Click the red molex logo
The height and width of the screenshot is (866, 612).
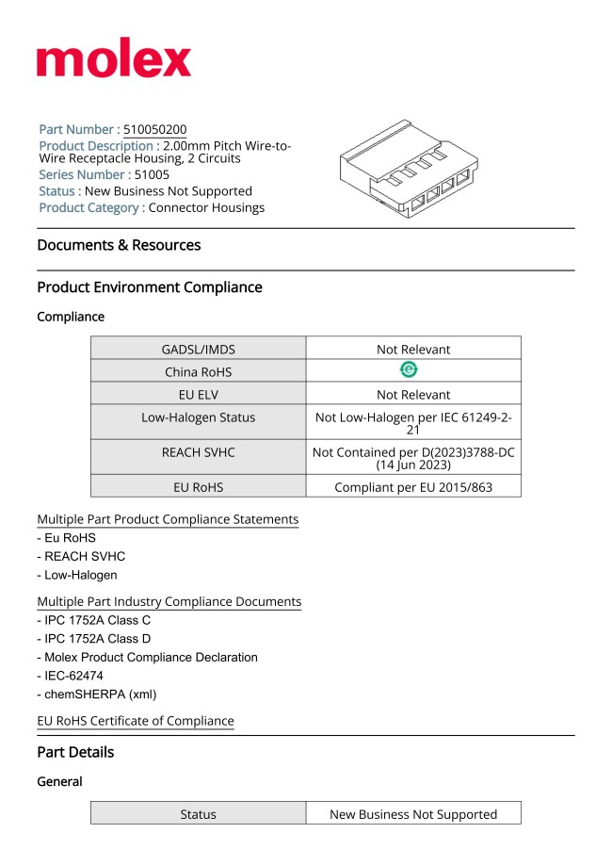coord(114,60)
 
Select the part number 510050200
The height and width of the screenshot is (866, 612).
coord(154,129)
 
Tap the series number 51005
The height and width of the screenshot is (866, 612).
coord(152,174)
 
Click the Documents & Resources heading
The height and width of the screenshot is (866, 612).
coord(119,245)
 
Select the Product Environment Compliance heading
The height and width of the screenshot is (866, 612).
coord(150,287)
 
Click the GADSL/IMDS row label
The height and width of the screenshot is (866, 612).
coord(198,349)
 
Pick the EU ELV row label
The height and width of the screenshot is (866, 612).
coord(198,395)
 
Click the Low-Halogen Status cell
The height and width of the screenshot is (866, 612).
coord(198,417)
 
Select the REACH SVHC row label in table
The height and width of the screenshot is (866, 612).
coord(198,452)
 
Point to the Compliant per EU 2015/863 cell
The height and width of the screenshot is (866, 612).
coord(413,487)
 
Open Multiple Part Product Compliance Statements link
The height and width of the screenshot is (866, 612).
coord(168,519)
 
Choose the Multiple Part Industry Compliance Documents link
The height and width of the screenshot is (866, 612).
coord(169,601)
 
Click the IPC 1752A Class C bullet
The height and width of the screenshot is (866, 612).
coord(94,621)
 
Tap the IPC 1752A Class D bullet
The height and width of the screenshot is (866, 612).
coord(94,639)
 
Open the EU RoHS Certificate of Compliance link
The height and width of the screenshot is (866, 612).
coord(136,721)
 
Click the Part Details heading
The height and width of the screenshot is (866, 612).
coord(75,752)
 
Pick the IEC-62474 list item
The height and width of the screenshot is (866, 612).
coord(71,676)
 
